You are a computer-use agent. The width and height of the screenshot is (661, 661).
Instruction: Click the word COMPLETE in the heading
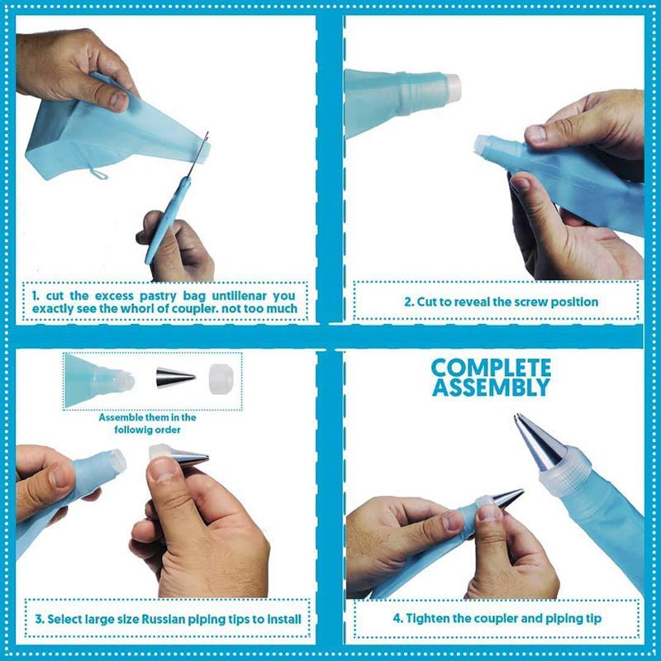click(491, 368)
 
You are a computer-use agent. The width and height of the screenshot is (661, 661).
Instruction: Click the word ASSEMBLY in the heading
click(491, 388)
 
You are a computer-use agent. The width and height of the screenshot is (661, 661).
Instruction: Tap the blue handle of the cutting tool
click(167, 221)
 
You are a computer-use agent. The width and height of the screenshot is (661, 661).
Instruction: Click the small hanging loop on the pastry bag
click(97, 173)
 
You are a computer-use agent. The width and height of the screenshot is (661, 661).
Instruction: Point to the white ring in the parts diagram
click(219, 379)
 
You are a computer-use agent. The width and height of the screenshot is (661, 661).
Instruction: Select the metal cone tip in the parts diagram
click(175, 378)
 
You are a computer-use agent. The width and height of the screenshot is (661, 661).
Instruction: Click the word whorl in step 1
click(138, 308)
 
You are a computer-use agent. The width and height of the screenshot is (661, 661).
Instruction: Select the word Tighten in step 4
click(427, 619)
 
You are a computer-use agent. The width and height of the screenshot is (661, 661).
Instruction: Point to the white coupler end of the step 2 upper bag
click(452, 88)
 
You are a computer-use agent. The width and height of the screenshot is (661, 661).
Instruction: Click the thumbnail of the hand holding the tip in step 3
click(162, 468)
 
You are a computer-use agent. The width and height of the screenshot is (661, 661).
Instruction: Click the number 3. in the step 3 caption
click(40, 619)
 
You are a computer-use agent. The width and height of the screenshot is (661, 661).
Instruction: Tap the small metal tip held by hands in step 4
click(507, 498)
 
